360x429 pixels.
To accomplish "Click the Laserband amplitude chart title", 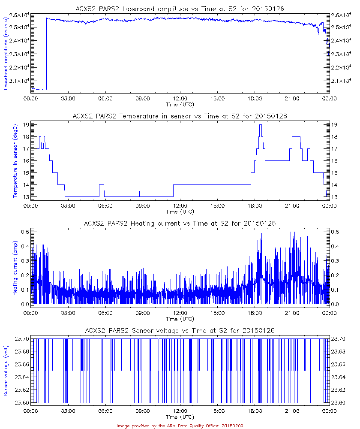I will (x=180, y=9).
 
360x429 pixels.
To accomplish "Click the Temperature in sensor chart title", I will (x=180, y=116).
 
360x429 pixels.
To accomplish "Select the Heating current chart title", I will (x=180, y=224).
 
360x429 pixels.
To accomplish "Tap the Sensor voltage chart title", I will (x=180, y=330).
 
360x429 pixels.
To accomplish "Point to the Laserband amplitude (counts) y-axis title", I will (x=6, y=51).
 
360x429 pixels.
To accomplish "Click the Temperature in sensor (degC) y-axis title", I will (x=15, y=160).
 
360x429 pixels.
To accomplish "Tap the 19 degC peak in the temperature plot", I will (x=260, y=125).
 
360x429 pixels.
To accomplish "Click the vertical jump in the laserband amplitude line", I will (x=46, y=54).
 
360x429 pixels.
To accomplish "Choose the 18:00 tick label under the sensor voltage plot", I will (x=255, y=411).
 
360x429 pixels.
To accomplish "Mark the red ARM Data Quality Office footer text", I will (x=180, y=426).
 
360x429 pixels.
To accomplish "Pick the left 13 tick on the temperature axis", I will (x=26, y=197).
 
